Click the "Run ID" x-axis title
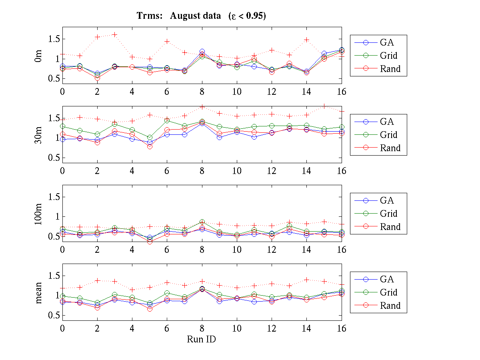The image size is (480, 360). (202, 339)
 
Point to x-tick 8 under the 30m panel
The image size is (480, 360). (202, 170)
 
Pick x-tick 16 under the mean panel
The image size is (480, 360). (341, 328)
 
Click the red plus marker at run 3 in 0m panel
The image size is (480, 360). (115, 34)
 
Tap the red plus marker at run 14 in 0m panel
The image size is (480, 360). (307, 40)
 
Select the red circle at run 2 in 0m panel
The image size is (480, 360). (97, 78)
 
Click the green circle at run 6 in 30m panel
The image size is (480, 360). (167, 120)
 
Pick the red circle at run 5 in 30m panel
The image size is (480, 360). (150, 146)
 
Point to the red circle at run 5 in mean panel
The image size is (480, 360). (150, 309)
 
